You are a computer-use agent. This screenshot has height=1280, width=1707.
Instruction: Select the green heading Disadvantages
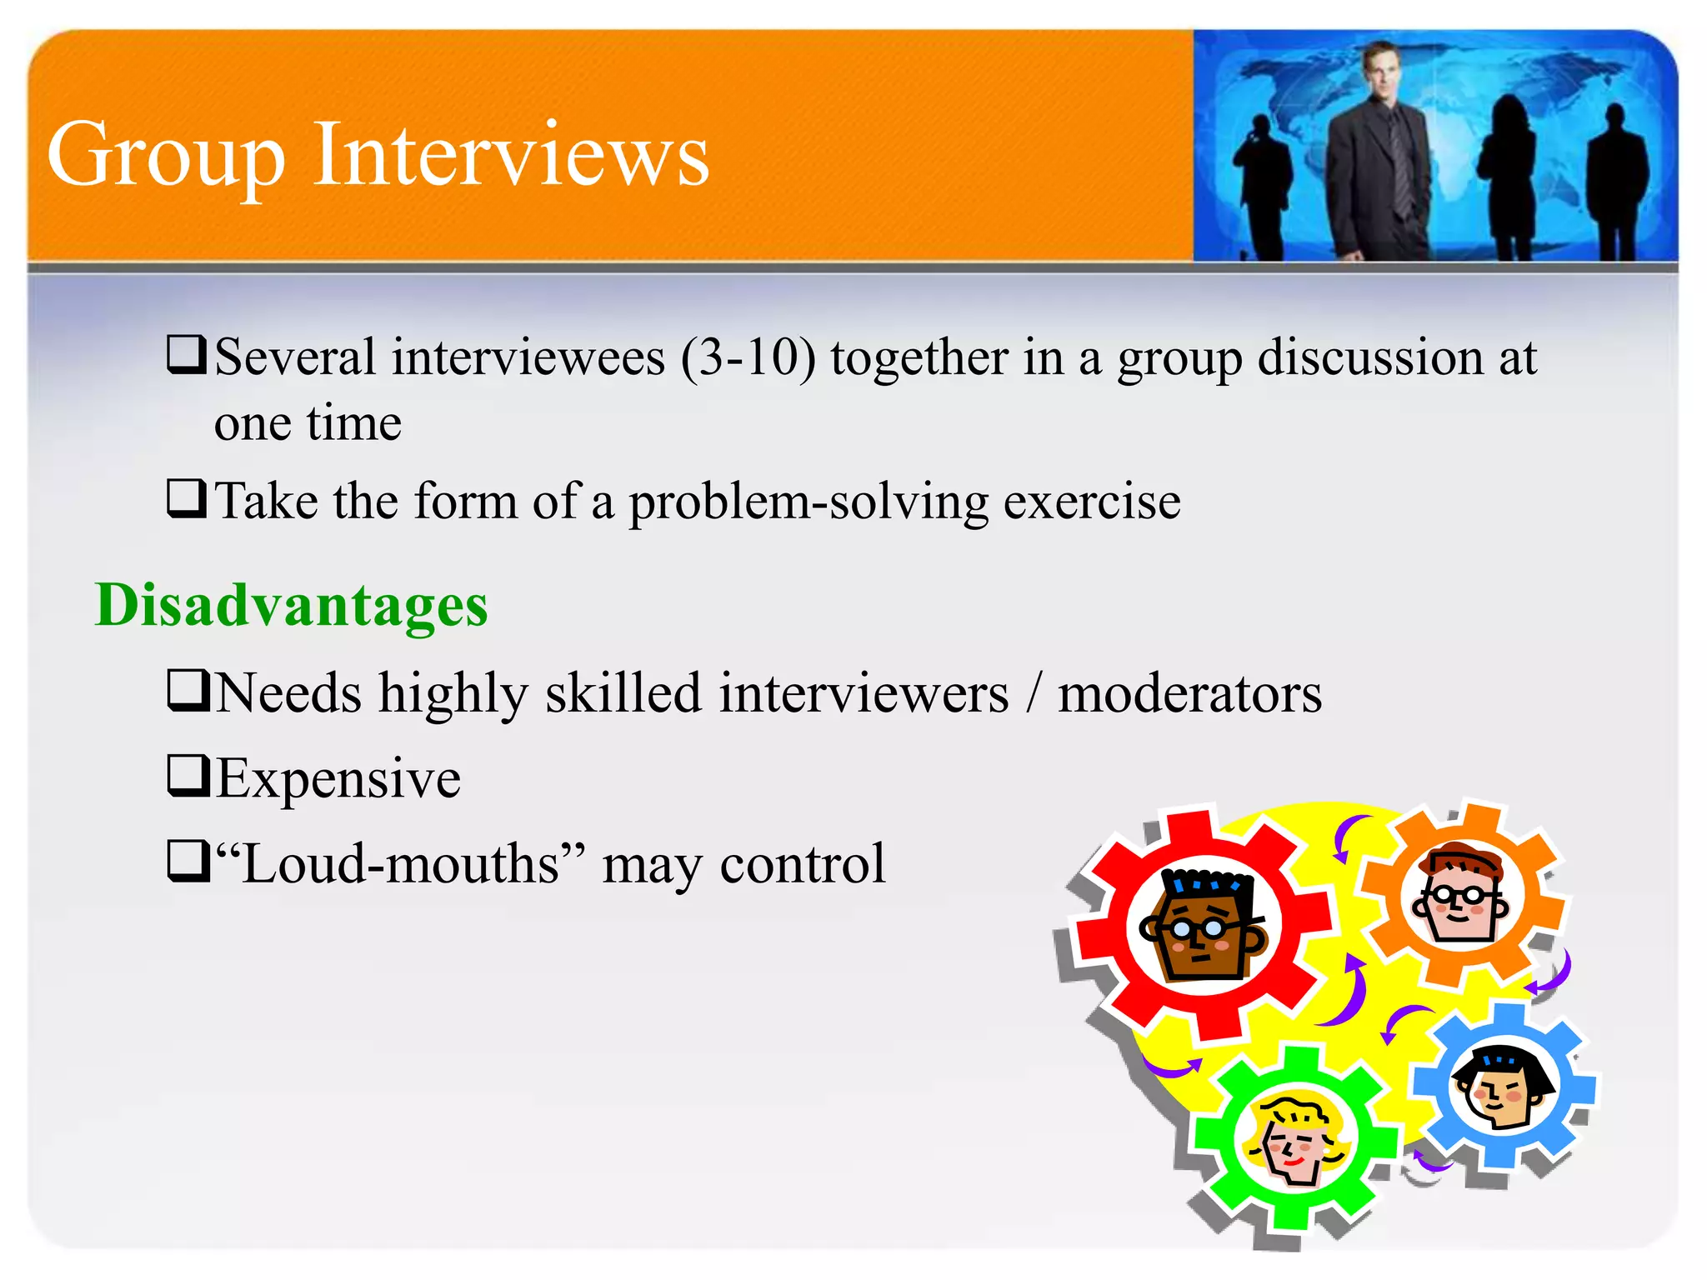click(x=292, y=604)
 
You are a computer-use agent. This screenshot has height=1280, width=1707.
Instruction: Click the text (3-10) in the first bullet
click(x=748, y=358)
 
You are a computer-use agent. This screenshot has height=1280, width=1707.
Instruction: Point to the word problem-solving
click(x=808, y=502)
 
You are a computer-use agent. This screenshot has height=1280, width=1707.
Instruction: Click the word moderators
click(x=1189, y=694)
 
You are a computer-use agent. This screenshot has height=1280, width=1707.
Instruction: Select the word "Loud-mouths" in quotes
click(x=400, y=864)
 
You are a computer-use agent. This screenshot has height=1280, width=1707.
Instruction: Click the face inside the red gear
click(x=1203, y=926)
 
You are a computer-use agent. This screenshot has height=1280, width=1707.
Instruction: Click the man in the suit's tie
click(x=1399, y=167)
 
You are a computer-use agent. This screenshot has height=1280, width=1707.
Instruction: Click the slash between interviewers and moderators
click(x=1034, y=694)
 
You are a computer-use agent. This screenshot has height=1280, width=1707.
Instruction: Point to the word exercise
click(x=1092, y=502)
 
